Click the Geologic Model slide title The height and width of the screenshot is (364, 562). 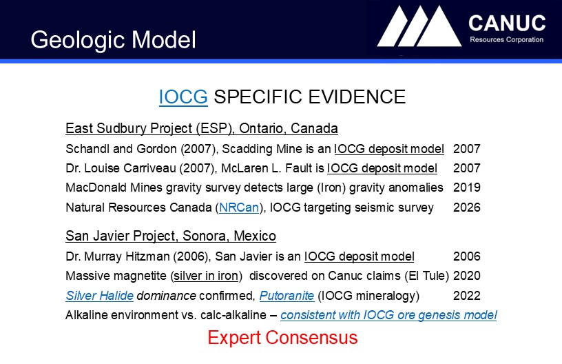click(113, 40)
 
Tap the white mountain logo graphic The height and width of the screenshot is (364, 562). click(419, 26)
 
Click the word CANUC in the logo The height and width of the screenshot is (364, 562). click(507, 23)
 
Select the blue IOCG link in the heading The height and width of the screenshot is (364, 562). click(183, 97)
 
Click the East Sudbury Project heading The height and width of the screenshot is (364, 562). click(202, 128)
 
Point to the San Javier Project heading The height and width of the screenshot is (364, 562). click(171, 236)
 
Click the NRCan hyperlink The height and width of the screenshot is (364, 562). click(239, 208)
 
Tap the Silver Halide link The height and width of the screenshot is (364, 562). click(100, 296)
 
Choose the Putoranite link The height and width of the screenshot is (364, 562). click(287, 296)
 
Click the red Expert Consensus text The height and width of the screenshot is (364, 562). click(282, 338)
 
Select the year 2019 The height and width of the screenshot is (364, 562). click(467, 188)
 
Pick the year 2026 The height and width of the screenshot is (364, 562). click(467, 208)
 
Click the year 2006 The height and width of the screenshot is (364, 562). click(467, 256)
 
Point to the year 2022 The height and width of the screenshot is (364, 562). click(467, 296)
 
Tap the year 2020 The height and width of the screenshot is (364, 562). click(467, 276)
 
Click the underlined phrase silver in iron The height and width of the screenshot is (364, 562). click(206, 276)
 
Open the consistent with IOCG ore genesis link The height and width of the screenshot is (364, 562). click(388, 315)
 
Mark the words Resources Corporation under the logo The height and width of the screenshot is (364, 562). click(506, 40)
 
